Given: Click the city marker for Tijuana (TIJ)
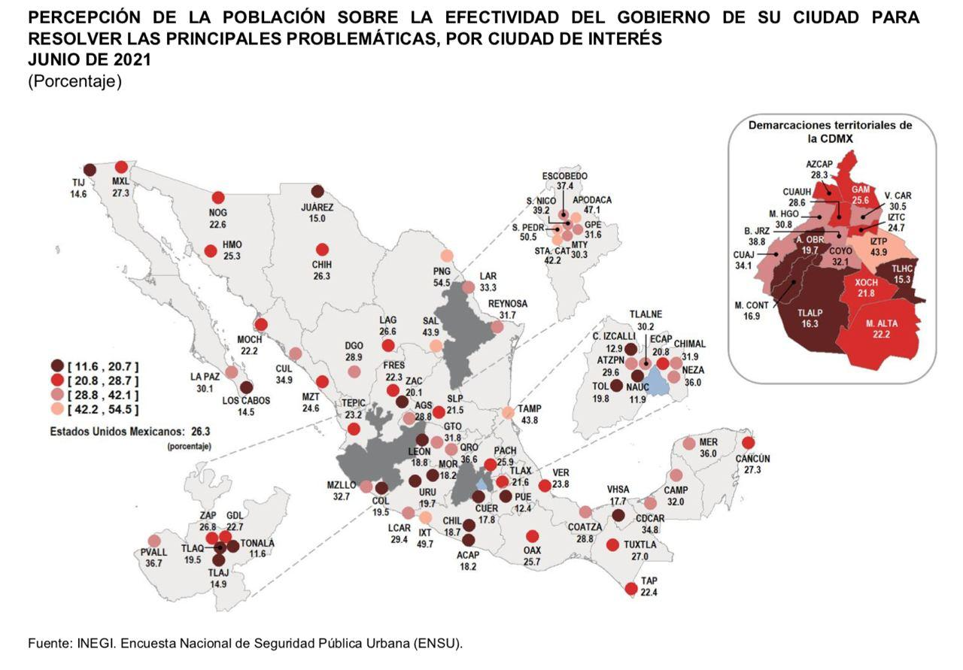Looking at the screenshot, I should (x=90, y=170).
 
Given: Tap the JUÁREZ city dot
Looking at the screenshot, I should (x=317, y=192).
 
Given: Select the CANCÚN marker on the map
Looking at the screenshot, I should (x=748, y=444).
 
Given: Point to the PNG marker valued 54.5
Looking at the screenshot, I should (x=447, y=256).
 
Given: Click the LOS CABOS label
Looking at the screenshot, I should (x=246, y=401).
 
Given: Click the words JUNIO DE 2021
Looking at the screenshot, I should (x=90, y=61).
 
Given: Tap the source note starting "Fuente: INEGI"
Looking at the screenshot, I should (x=245, y=644).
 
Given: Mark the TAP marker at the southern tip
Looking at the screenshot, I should (x=631, y=589).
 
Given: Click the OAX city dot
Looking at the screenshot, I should (x=533, y=537).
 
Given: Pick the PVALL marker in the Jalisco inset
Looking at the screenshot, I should (x=154, y=541).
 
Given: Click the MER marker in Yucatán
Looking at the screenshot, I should (x=688, y=444).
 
